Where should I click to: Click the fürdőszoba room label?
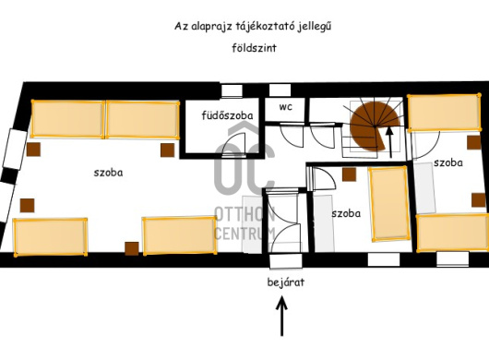(227, 115)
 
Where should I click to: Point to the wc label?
(285, 106)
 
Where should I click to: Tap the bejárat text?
(281, 282)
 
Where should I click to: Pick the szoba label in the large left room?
(108, 172)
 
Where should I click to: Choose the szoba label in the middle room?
(346, 212)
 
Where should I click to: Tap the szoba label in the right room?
(447, 162)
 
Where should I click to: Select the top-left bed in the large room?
(68, 119)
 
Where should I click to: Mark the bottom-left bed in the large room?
(50, 236)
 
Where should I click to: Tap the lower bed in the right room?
(452, 231)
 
